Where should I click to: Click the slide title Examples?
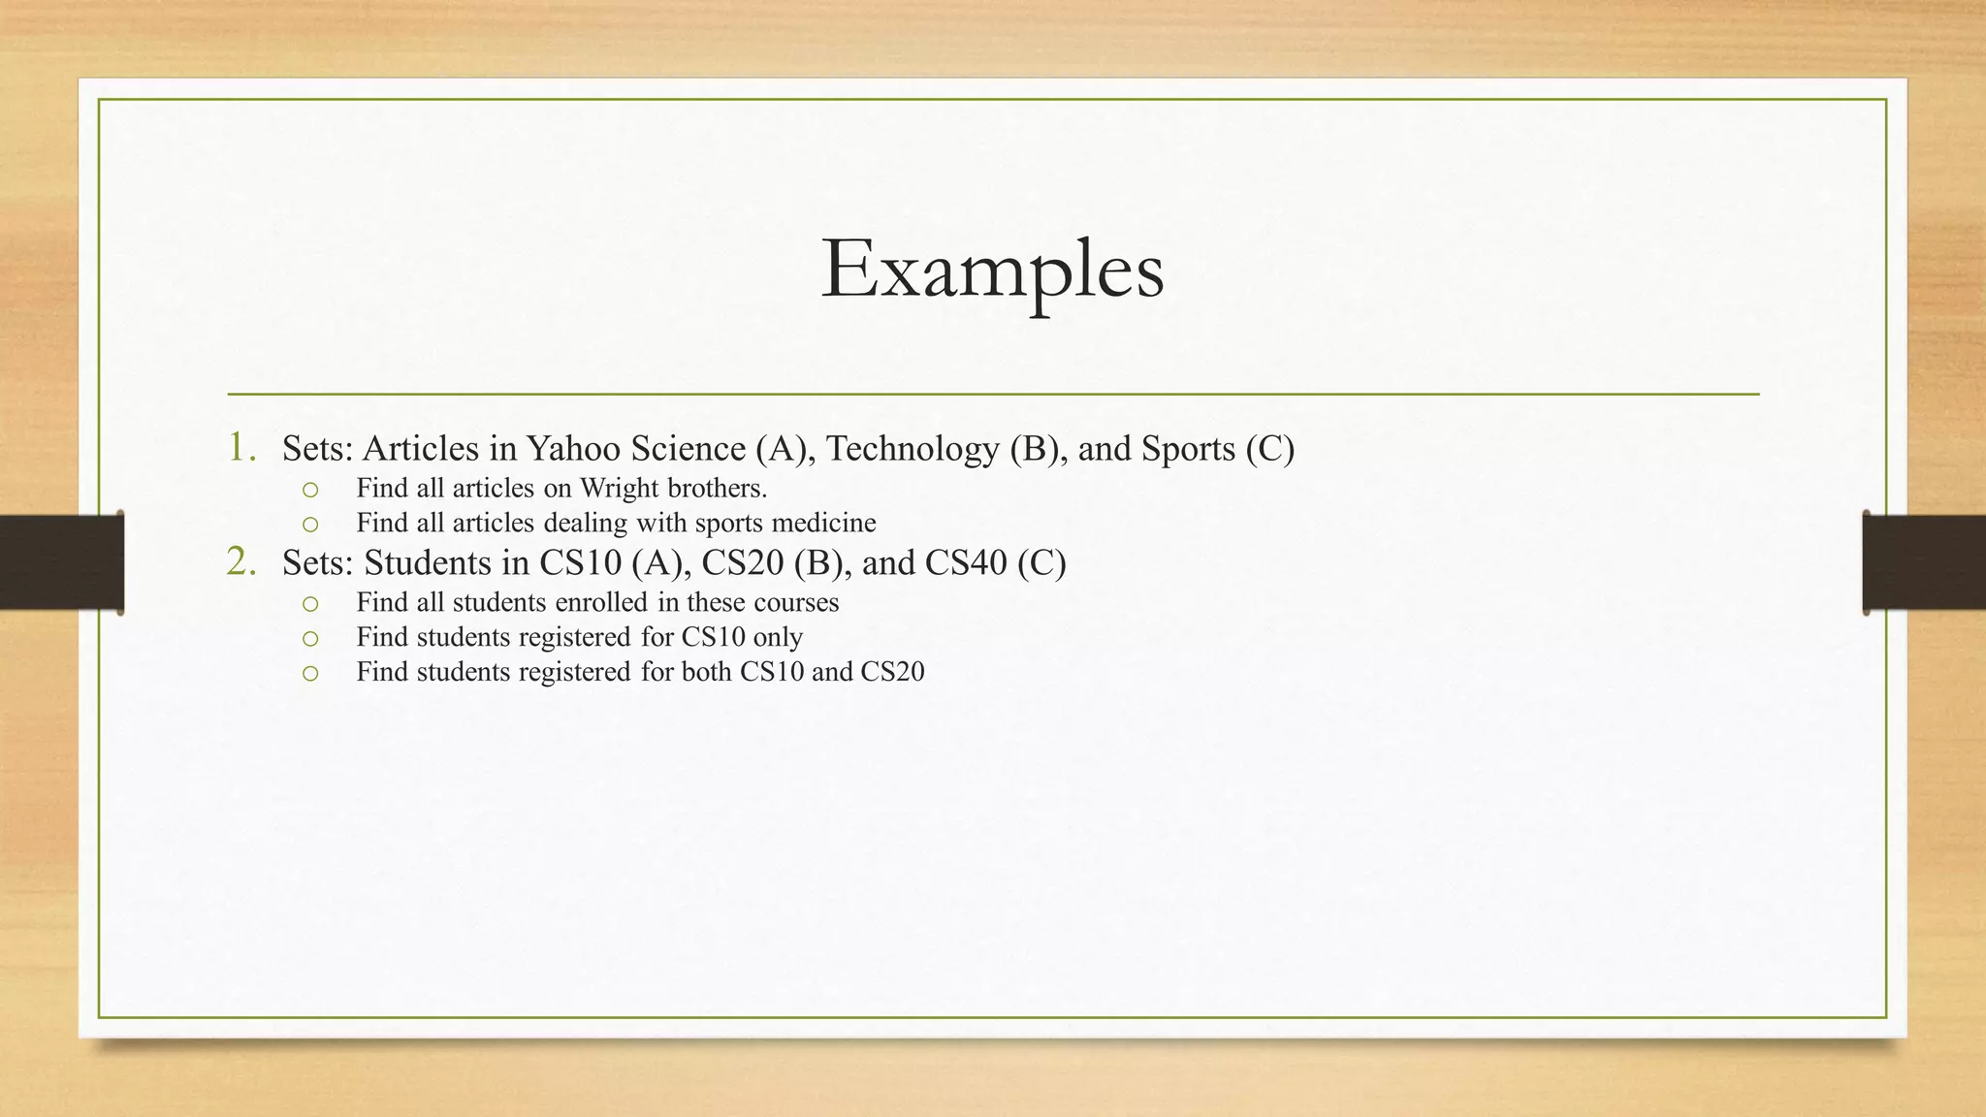click(992, 270)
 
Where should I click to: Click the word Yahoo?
click(573, 448)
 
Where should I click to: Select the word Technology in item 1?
click(913, 448)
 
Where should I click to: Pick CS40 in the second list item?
click(966, 562)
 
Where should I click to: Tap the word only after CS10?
click(778, 637)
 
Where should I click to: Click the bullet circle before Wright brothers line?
click(309, 490)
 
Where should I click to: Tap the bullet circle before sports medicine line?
click(309, 525)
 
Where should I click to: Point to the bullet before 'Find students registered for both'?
click(309, 673)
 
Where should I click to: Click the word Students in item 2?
click(428, 562)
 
